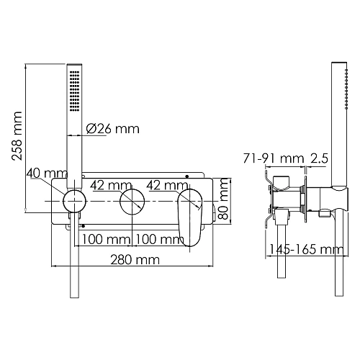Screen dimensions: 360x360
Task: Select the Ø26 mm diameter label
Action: [x=112, y=130]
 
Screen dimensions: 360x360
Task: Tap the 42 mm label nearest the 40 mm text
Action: [x=107, y=184]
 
